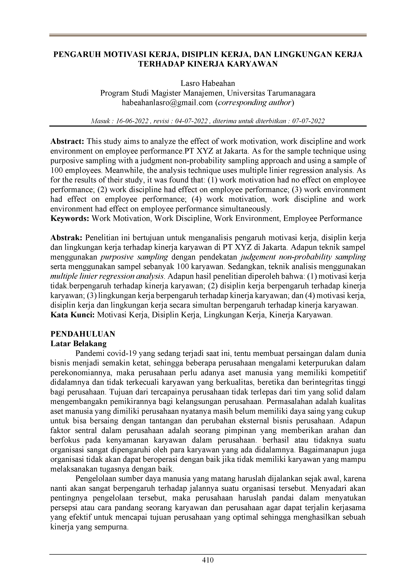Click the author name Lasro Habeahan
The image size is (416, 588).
click(208, 83)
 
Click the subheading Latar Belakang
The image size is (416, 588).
click(79, 344)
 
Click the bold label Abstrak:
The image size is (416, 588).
click(66, 238)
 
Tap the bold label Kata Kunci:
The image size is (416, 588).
click(72, 315)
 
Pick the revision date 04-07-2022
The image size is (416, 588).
click(191, 121)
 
